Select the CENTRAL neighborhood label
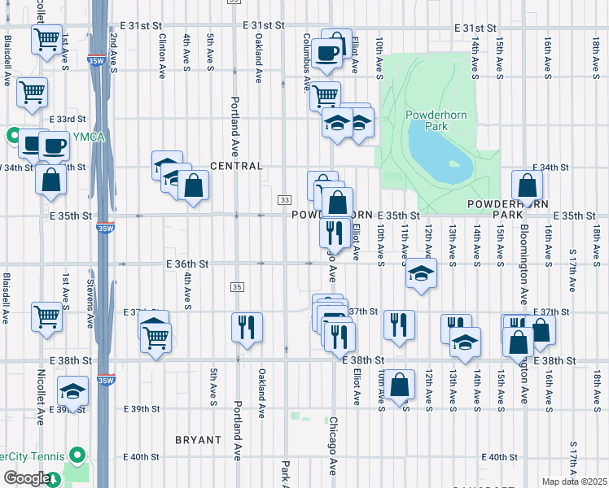coord(236,166)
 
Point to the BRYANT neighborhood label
coord(198,440)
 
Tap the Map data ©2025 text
coord(574,481)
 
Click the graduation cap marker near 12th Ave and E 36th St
coord(421,273)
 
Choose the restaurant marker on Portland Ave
coord(247,327)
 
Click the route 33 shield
coord(284,200)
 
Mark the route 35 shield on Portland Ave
coord(237,287)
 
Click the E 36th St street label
coord(188,264)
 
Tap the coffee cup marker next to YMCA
coord(55,146)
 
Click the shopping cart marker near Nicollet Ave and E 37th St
coord(46,316)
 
